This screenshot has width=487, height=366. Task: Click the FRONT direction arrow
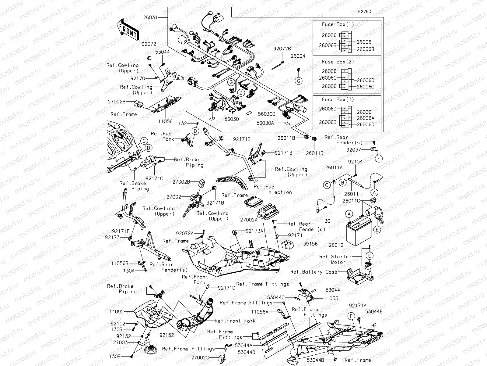click(x=127, y=30)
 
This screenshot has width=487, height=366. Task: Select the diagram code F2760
click(x=364, y=12)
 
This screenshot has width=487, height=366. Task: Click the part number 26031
click(x=150, y=18)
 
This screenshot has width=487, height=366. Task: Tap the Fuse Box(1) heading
click(x=338, y=24)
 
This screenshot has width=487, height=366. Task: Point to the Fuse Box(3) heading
click(x=338, y=99)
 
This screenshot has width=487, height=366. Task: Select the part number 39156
click(x=310, y=244)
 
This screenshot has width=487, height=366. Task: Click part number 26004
click(x=298, y=56)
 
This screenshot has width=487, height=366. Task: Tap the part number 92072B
click(x=282, y=48)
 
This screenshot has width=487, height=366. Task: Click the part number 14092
click(x=117, y=312)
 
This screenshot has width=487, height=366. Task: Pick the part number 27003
click(x=121, y=343)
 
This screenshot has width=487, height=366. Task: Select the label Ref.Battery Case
click(x=314, y=272)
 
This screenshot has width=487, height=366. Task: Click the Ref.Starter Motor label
click(x=335, y=259)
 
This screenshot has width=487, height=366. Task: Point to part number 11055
click(x=331, y=298)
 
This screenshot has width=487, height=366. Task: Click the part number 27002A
click(x=249, y=219)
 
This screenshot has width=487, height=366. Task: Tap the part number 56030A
click(x=265, y=123)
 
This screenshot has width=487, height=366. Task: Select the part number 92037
click(x=354, y=150)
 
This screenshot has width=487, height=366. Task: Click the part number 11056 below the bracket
click(x=165, y=121)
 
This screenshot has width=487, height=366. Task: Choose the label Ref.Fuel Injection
click(x=273, y=189)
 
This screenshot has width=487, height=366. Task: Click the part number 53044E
click(x=374, y=311)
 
